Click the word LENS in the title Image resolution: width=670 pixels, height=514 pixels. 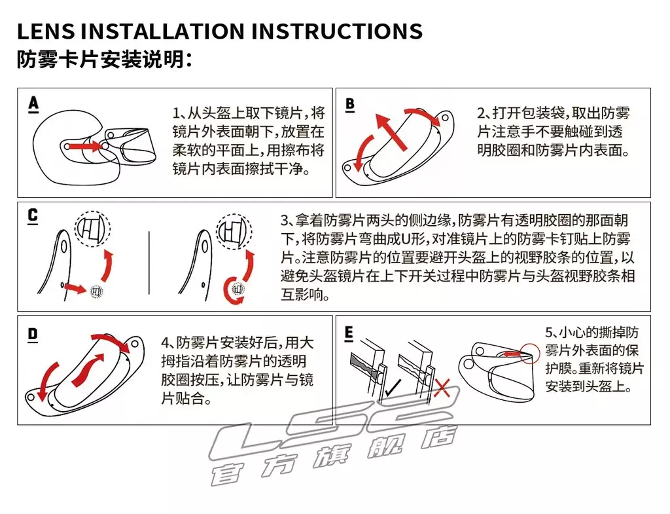pyautogui.click(x=46, y=31)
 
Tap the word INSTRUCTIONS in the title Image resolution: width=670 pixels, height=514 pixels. pyautogui.click(x=340, y=31)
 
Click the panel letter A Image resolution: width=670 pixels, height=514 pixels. pyautogui.click(x=33, y=104)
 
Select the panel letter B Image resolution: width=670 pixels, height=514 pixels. pyautogui.click(x=350, y=105)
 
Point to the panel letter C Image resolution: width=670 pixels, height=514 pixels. pyautogui.click(x=33, y=216)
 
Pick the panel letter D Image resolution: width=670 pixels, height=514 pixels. pyautogui.click(x=33, y=335)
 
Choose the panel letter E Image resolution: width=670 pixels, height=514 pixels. pyautogui.click(x=349, y=334)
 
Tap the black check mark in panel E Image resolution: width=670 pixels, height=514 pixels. pyautogui.click(x=393, y=388)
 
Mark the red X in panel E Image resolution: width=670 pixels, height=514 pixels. pyautogui.click(x=442, y=388)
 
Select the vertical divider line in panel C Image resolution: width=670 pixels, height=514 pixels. pyautogui.click(x=149, y=263)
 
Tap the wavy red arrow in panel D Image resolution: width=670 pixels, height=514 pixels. pyautogui.click(x=88, y=369)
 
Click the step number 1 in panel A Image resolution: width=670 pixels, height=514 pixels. pyautogui.click(x=176, y=113)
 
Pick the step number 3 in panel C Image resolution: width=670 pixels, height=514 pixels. pyautogui.click(x=285, y=221)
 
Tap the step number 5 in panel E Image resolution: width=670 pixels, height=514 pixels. pyautogui.click(x=549, y=332)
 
